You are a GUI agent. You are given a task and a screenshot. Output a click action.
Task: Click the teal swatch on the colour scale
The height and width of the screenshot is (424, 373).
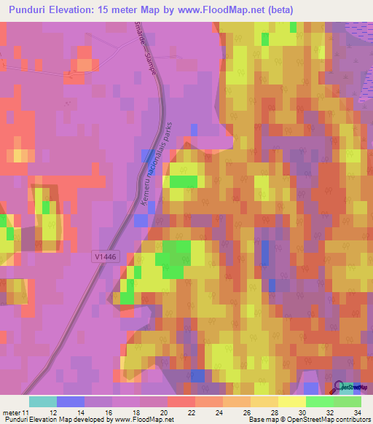[x=43, y=401]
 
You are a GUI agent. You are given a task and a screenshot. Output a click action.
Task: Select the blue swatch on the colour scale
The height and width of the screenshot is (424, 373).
[x=71, y=401]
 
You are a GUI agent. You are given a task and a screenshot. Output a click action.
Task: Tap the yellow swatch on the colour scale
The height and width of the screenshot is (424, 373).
[x=291, y=401]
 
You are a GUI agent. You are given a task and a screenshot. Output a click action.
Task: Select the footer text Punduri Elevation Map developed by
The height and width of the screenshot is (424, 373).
[x=54, y=419]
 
